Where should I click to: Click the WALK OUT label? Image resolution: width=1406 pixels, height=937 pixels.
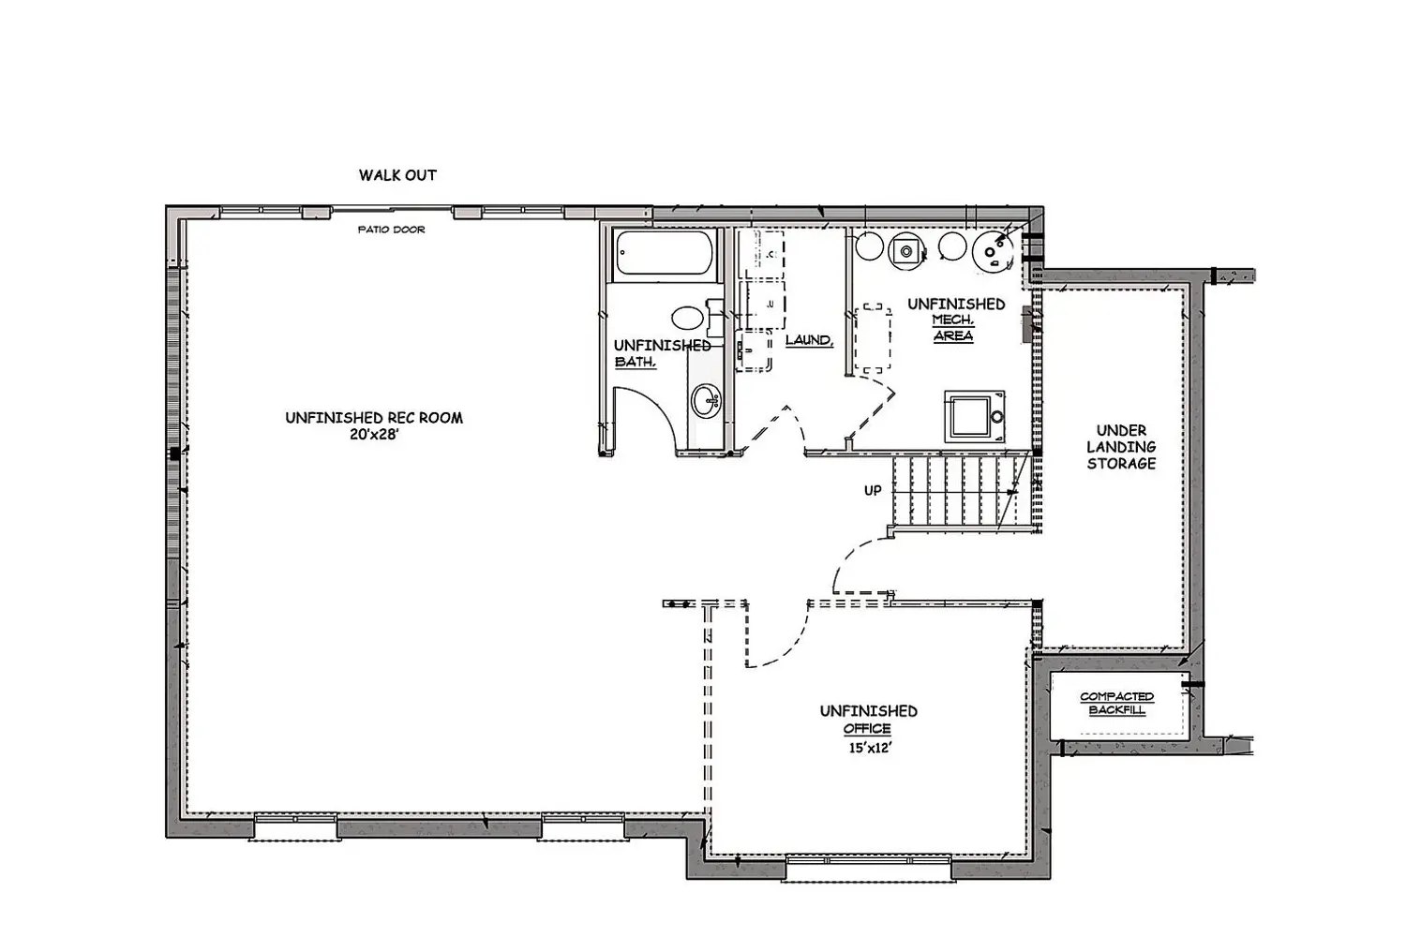pos(397,175)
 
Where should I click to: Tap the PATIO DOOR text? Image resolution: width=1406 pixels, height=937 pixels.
pos(391,230)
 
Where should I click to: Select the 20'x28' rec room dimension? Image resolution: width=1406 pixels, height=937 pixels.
pos(374,434)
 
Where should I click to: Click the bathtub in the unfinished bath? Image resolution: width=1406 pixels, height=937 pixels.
pos(665,252)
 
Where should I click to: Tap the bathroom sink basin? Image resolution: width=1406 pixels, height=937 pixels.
pos(706,400)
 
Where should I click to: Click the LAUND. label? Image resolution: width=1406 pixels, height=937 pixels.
pos(809,340)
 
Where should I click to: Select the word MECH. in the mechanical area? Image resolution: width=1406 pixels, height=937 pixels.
pos(953,320)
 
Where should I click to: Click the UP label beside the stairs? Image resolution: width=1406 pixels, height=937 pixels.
pos(873,491)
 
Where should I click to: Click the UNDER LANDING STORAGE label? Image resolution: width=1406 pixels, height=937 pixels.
pos(1121,447)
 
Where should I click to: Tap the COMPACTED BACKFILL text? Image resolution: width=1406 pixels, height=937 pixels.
pos(1116,703)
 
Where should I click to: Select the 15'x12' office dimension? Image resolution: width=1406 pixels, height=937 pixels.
pos(870,748)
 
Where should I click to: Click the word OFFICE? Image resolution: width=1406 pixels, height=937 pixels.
pos(867,729)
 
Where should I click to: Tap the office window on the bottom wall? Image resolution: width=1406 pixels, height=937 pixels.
pos(869,870)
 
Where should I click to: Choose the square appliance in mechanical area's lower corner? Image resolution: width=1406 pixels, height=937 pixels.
pos(975,415)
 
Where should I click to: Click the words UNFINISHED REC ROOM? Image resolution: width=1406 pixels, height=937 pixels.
pos(374,418)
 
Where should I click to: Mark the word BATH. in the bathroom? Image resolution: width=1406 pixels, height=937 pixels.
pos(636,362)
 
